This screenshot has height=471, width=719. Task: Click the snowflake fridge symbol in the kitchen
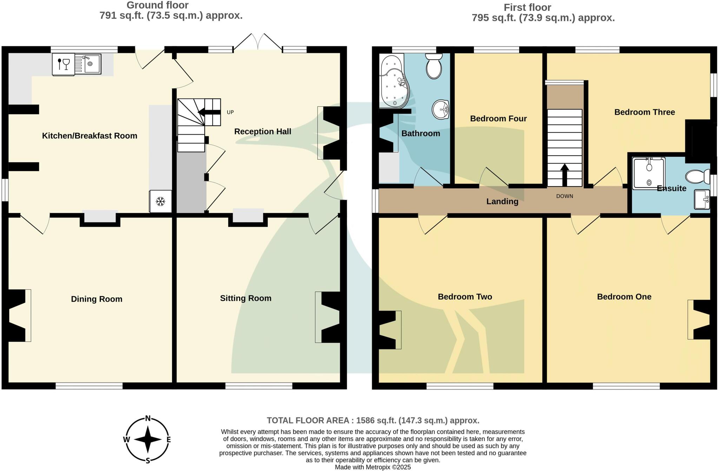click(160, 201)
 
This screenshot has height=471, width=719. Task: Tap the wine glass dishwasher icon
click(64, 64)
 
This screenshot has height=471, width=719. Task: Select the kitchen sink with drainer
click(88, 63)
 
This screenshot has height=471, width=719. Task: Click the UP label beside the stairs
click(230, 112)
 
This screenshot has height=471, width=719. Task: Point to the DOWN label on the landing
click(565, 196)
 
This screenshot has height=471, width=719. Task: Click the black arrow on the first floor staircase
click(565, 175)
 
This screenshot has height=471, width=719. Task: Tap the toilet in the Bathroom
click(434, 66)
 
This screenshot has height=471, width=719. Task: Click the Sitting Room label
click(245, 298)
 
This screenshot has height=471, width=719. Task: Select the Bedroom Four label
click(498, 119)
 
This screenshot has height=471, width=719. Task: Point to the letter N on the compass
click(148, 418)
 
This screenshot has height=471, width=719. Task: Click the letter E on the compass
click(169, 439)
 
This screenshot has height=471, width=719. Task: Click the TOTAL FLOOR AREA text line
click(373, 420)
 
